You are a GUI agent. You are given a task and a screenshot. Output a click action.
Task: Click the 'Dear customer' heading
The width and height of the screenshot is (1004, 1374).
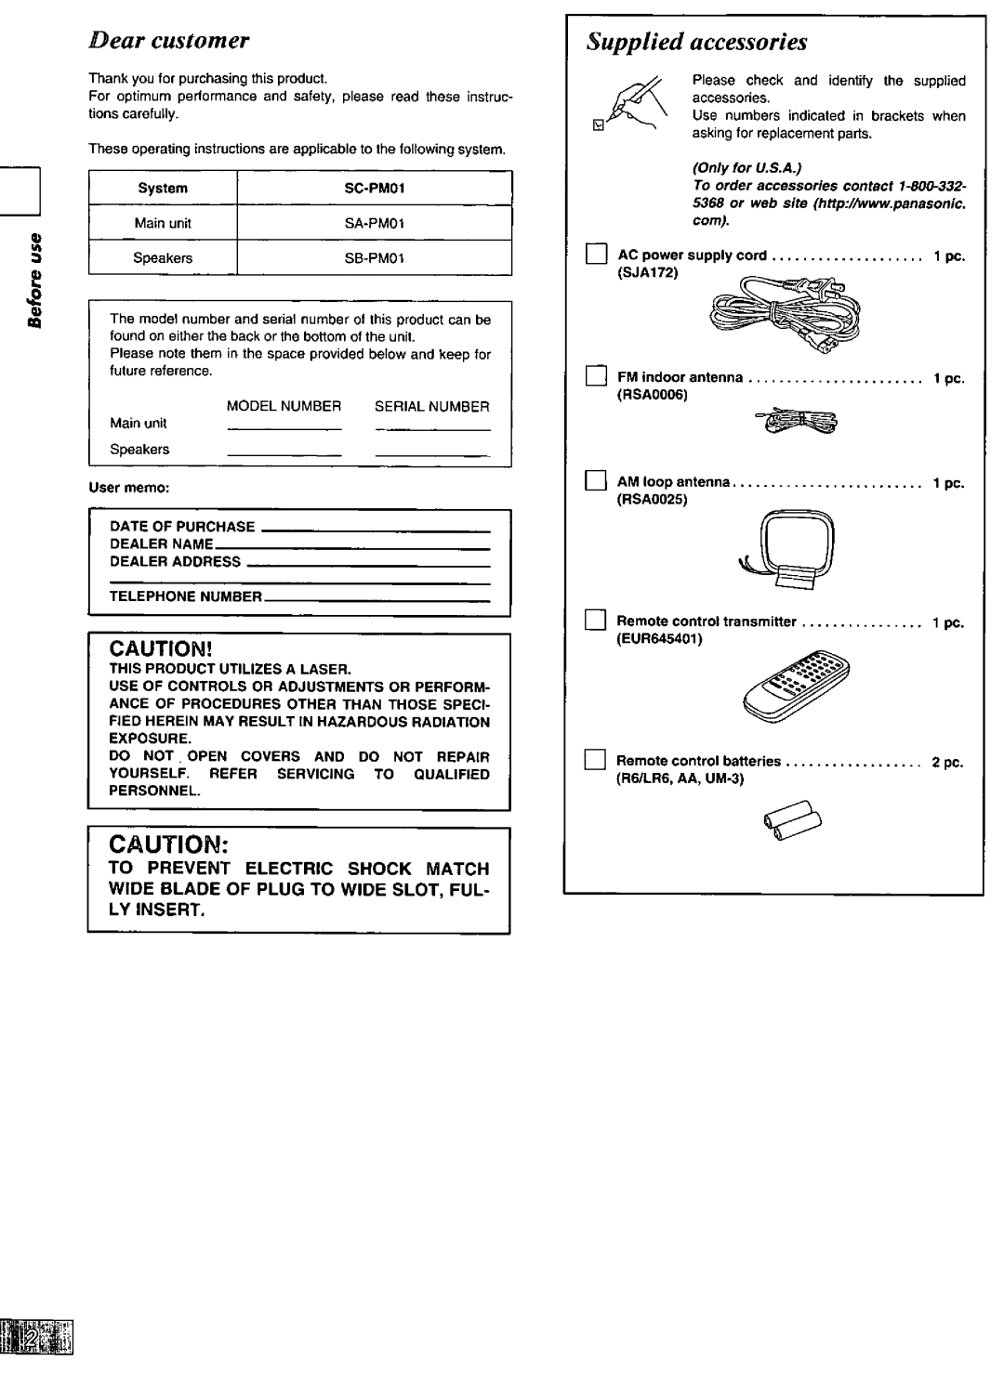[x=169, y=41]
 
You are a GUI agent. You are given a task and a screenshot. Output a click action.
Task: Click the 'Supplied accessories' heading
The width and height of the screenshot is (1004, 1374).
[x=698, y=43]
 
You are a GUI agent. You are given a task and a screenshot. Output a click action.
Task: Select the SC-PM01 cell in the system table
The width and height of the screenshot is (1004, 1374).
[x=375, y=188]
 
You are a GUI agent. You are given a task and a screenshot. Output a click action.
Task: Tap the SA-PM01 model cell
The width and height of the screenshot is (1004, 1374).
[x=375, y=223]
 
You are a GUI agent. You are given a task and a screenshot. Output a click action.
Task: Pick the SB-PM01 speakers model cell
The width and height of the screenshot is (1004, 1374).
[x=375, y=258]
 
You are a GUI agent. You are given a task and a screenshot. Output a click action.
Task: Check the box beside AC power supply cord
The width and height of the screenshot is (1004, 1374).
[x=595, y=255]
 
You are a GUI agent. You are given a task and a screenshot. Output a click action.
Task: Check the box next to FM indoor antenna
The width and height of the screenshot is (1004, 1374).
[x=595, y=378]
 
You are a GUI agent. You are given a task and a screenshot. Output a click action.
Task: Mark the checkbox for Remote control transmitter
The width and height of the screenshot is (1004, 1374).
[x=595, y=622]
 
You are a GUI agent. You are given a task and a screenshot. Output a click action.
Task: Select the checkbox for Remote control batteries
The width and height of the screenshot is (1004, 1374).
[x=595, y=761]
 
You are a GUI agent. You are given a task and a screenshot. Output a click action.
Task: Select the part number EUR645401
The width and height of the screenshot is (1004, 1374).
[x=662, y=639]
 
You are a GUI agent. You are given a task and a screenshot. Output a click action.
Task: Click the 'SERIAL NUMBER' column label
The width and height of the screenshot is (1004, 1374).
[x=431, y=406]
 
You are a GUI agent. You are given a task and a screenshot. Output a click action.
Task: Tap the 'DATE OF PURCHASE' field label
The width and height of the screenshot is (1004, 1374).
[x=182, y=526]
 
